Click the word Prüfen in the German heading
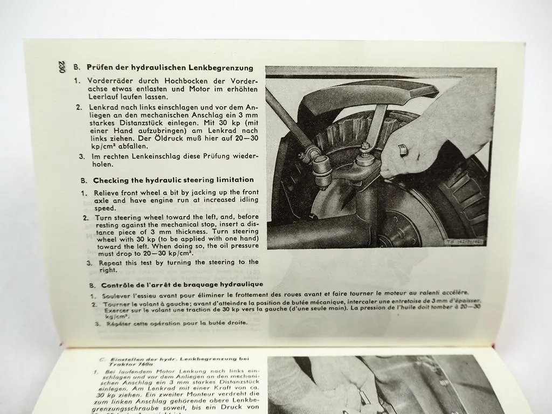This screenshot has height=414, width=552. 101,68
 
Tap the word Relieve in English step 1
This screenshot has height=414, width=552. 107,192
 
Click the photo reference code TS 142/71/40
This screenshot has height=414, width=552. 465,242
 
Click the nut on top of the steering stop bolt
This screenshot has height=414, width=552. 365,147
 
